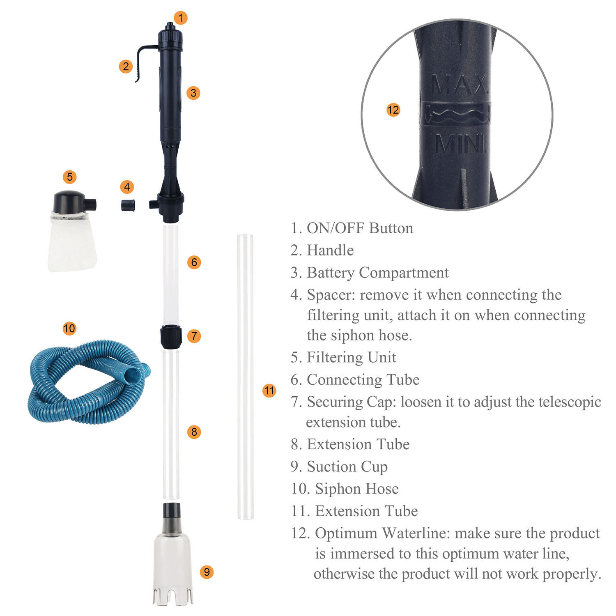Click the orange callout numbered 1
[181, 18]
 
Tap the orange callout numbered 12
[393, 110]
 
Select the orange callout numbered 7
[194, 336]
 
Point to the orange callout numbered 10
[69, 328]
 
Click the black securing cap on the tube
[171, 336]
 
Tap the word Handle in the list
[330, 250]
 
